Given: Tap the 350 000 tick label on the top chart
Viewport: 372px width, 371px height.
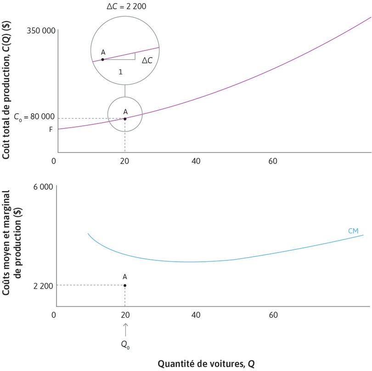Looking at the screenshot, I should [41, 31].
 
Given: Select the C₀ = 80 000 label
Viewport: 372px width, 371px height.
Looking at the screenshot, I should [31, 117].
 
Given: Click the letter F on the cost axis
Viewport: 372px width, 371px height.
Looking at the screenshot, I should [51, 129].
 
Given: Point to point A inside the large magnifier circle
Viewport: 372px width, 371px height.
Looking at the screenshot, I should [102, 59].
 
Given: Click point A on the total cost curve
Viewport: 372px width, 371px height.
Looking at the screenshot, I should [125, 119].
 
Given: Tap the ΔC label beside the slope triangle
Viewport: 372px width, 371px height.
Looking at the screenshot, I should [147, 60].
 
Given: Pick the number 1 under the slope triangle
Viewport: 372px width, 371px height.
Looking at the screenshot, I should [120, 72].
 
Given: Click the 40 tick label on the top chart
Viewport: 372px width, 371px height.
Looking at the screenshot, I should [196, 161].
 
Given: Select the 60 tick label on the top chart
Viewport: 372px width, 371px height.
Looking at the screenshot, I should [273, 161].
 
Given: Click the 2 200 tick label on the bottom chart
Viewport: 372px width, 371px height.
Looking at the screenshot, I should [43, 286].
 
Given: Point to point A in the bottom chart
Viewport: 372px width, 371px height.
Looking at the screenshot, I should [125, 285].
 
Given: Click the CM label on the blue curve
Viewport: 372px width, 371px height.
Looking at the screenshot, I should [353, 230].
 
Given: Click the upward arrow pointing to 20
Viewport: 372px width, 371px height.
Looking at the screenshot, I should [125, 329].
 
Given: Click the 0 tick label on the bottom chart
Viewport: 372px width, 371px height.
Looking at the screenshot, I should [54, 315].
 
